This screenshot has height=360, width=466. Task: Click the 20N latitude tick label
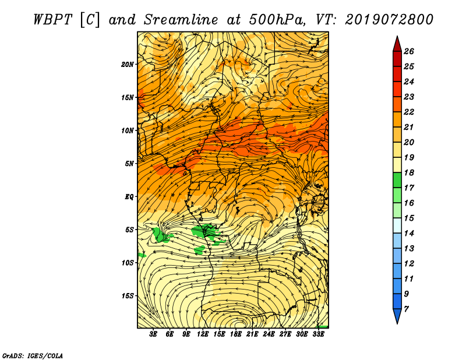128,65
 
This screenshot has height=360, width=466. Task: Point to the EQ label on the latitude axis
129,197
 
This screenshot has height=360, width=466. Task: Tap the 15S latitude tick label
128,296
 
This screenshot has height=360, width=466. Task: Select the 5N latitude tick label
129,164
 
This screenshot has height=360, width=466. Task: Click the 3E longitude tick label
153,334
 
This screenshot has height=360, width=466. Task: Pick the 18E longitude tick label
236,334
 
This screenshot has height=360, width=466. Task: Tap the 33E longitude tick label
318,334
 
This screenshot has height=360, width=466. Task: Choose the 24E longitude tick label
269,334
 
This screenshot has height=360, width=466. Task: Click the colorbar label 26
409,51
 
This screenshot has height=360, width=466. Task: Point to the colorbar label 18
409,172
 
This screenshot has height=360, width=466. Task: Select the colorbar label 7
406,309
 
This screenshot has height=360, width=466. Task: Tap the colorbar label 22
409,112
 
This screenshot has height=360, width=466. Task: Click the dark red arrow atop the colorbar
397,44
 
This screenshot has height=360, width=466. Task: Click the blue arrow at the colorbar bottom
397,316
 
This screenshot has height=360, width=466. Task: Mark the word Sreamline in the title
181,20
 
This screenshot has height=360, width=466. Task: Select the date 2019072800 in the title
389,20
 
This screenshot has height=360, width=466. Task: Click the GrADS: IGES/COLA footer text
33,356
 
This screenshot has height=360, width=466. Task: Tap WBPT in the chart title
52,20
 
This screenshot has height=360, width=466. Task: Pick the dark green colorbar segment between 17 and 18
397,180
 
